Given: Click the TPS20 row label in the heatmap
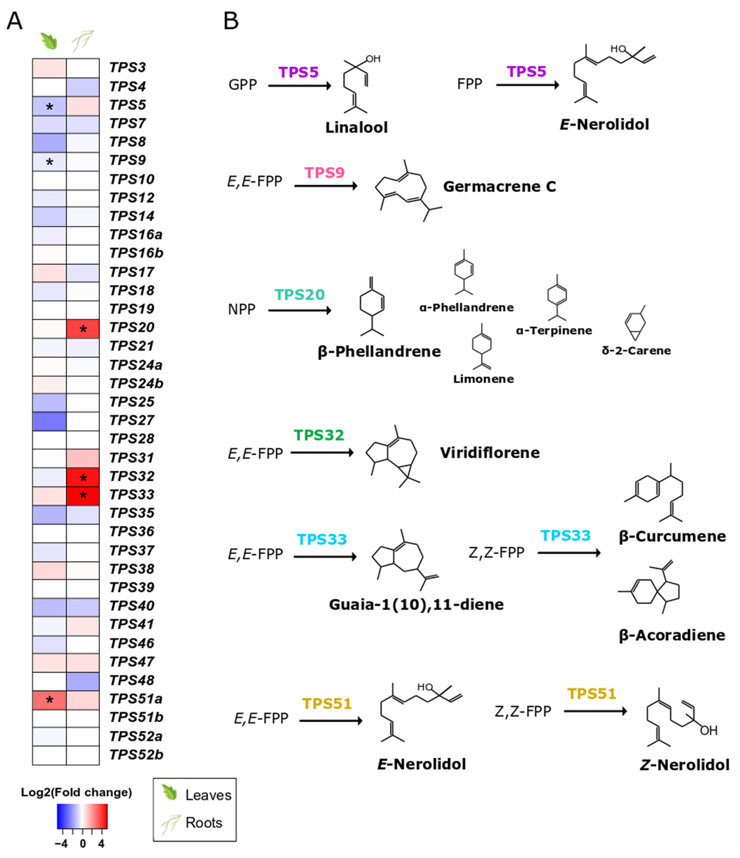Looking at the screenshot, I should click(x=132, y=328).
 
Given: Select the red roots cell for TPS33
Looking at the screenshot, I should click(x=83, y=495).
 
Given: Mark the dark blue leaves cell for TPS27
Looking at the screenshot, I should click(x=49, y=421).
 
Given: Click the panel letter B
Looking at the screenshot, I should click(x=231, y=21).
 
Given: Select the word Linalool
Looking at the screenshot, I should click(x=356, y=127).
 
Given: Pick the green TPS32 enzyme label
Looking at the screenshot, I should click(x=319, y=435).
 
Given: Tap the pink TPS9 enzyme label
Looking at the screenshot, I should click(x=324, y=173).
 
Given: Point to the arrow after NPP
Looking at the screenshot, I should click(x=300, y=310).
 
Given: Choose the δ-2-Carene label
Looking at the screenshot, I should click(x=636, y=351).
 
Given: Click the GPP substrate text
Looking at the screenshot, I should click(x=242, y=85).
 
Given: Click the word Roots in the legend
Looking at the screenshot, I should click(x=204, y=822).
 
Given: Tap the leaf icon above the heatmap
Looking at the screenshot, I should click(x=49, y=41).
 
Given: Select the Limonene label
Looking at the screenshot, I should click(x=483, y=379).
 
